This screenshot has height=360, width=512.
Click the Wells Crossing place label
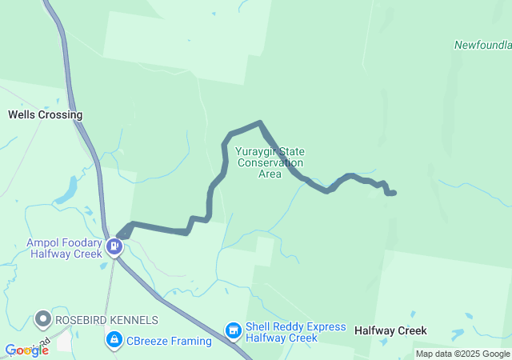(45, 114)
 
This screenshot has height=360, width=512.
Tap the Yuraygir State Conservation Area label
(270, 162)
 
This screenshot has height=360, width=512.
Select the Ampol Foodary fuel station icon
(116, 246)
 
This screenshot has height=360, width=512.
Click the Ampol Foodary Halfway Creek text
(66, 248)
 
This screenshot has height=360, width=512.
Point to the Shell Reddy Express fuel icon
(233, 330)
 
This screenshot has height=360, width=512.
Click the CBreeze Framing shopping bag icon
(114, 342)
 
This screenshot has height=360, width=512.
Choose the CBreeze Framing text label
(169, 342)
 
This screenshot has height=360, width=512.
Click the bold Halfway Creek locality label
(390, 330)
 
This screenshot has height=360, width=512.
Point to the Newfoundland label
(483, 45)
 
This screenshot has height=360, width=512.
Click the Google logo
(26, 350)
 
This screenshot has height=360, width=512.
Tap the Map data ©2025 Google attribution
(462, 354)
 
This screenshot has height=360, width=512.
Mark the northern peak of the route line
(260, 123)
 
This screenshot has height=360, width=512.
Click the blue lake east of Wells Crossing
(67, 190)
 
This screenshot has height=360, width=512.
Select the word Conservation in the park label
(270, 162)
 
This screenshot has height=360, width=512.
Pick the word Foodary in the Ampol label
(78, 242)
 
